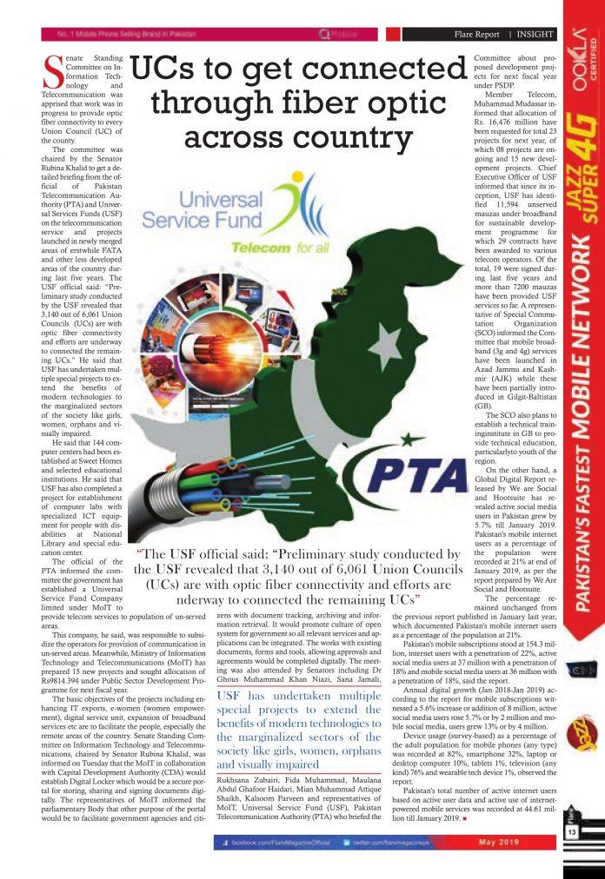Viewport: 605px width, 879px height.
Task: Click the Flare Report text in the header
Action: coord(476,34)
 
